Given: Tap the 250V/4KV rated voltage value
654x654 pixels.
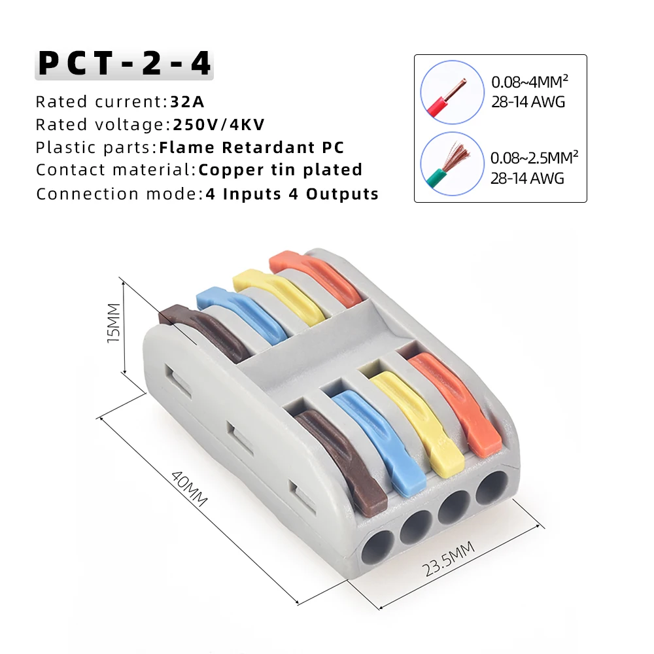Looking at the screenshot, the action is tap(219, 125).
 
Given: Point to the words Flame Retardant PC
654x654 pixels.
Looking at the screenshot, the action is tap(252, 148).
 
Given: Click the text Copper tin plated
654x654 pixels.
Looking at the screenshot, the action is tap(281, 170).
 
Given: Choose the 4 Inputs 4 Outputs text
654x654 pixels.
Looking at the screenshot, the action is tap(292, 194).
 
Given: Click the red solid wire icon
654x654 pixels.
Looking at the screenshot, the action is tap(449, 93).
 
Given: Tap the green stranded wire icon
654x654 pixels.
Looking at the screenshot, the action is tap(449, 165).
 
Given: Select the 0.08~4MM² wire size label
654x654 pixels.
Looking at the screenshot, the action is tap(530, 82).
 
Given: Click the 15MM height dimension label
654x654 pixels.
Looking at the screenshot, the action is tap(114, 323).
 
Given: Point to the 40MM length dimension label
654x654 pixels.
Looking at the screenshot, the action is tap(189, 488).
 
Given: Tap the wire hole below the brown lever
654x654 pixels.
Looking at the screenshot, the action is tap(377, 546).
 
